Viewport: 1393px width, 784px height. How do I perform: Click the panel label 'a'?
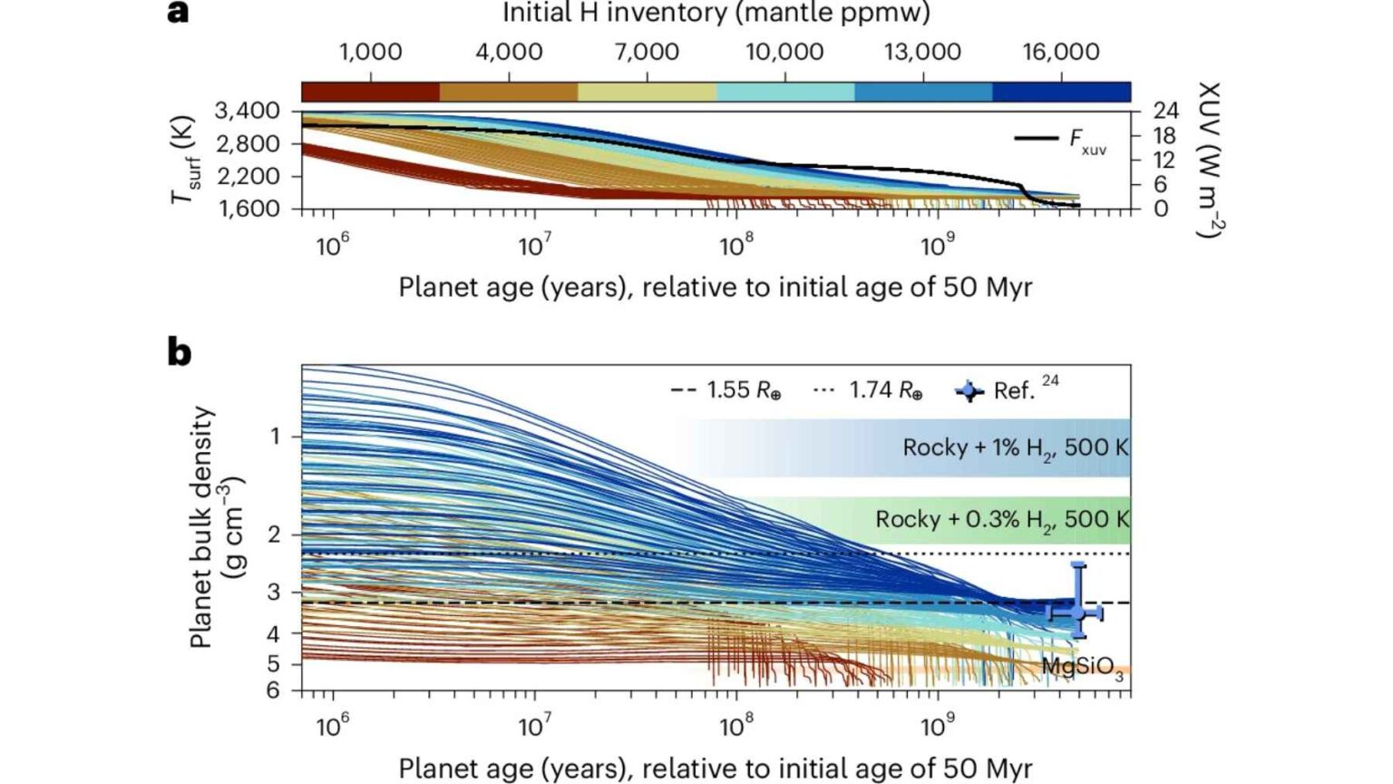179,13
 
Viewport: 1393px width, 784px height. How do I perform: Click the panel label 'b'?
180,351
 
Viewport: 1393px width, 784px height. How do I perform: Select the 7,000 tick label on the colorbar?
647,52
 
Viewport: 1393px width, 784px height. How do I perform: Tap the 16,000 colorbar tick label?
1061,52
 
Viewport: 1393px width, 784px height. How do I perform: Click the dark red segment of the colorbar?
370,92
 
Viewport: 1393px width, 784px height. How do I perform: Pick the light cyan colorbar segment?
784,92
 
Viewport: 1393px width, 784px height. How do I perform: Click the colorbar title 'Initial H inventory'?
716,14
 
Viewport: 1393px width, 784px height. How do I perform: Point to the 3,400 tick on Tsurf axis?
247,111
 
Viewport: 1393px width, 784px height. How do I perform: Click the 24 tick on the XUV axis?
1165,111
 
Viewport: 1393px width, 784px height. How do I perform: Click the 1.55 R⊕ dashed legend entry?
726,391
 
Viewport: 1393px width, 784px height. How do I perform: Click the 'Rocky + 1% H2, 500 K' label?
1016,448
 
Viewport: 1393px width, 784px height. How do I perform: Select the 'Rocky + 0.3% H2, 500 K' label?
1002,520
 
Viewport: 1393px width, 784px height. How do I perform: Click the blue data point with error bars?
1077,612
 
